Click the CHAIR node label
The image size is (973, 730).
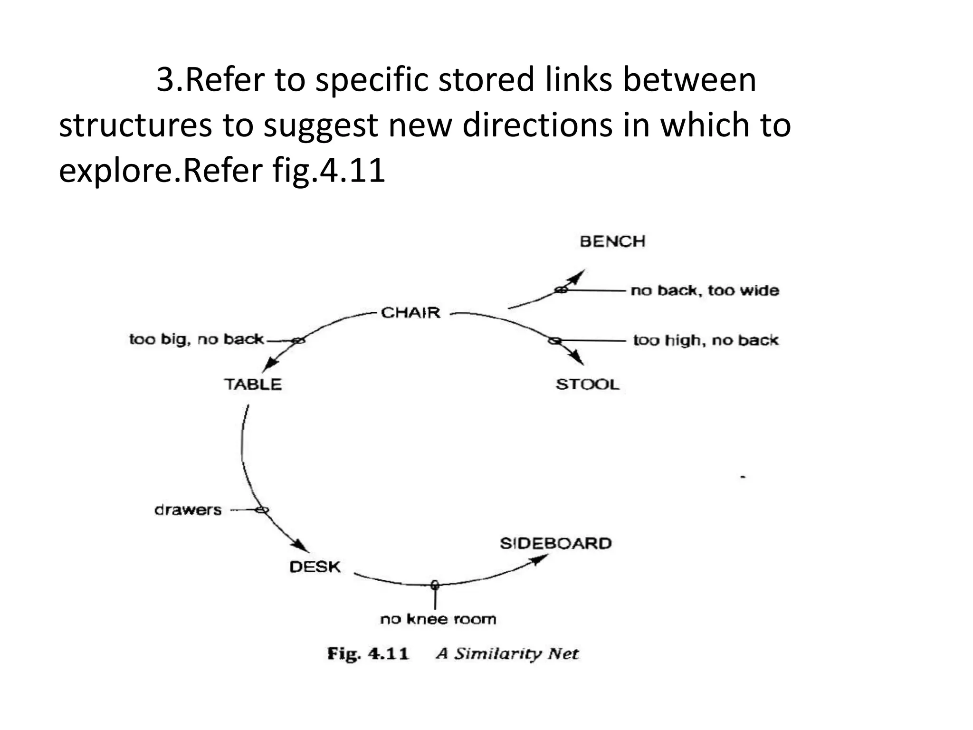click(410, 313)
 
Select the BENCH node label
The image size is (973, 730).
click(612, 241)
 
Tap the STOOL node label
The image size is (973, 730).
click(588, 384)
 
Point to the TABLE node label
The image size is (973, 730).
click(253, 384)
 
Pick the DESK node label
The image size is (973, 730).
click(315, 567)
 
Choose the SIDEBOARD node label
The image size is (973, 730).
click(555, 543)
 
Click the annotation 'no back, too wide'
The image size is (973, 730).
click(705, 290)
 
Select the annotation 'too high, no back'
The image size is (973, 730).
click(706, 340)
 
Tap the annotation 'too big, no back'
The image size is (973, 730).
click(196, 339)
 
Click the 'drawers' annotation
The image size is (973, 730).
click(188, 510)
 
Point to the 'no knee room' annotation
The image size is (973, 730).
click(438, 619)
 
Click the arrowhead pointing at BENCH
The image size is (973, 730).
click(579, 275)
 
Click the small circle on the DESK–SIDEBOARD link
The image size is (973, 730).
click(434, 585)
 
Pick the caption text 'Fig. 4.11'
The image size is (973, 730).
click(368, 653)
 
